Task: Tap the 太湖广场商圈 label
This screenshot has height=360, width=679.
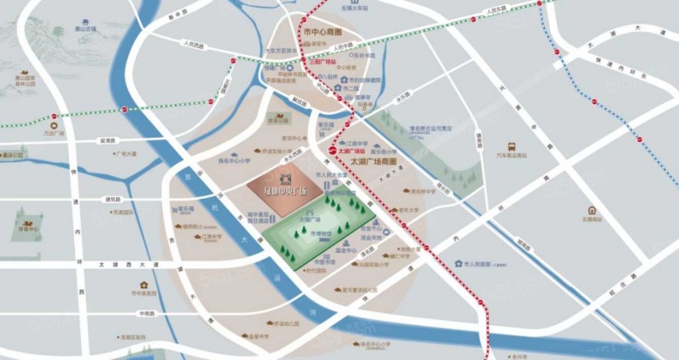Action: pos(372,162)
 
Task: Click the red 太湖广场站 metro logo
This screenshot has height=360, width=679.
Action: pos(331,151)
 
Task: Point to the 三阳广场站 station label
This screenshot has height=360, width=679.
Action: pos(323,62)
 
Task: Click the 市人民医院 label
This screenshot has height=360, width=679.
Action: pos(479,263)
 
